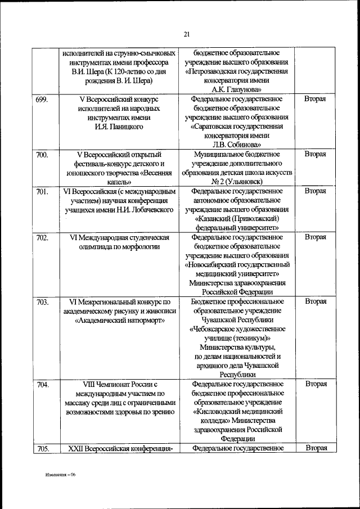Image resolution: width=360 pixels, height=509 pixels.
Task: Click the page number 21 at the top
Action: point(186,35)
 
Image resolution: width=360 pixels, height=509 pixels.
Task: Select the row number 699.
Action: point(42,100)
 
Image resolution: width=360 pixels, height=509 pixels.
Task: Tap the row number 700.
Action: point(42,154)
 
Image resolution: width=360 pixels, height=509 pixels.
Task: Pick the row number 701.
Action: point(42,191)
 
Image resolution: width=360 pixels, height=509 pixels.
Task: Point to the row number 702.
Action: point(42,237)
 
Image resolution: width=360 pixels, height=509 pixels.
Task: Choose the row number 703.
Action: point(42,301)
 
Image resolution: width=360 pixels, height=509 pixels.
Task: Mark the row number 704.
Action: point(42,384)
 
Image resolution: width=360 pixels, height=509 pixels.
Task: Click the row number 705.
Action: point(42,448)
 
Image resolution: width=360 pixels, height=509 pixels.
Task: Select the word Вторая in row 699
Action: point(315,99)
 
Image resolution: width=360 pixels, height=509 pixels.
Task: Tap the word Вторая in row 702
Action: point(315,237)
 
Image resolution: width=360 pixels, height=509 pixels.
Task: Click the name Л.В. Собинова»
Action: point(237,144)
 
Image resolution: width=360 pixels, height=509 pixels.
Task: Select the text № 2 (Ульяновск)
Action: point(237,181)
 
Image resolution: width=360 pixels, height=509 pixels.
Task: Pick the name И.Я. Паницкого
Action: point(118,127)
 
